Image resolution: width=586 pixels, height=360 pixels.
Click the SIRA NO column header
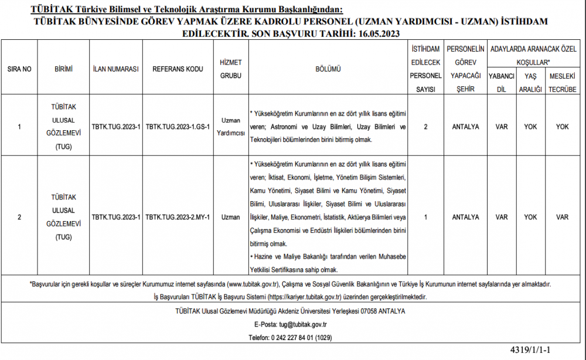click(19, 69)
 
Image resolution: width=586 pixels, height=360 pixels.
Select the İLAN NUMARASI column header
click(115, 69)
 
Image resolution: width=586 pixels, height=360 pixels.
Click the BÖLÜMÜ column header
click(328, 69)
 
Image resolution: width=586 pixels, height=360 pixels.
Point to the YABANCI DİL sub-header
click(501, 83)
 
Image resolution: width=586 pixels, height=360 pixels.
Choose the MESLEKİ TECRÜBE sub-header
click(562, 83)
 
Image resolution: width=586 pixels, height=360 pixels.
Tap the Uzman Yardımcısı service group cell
click(230, 126)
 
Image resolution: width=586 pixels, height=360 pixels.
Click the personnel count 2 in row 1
click(425, 126)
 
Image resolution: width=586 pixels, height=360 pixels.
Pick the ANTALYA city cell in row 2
click(466, 217)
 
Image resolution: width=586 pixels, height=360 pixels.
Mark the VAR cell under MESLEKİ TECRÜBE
click(562, 217)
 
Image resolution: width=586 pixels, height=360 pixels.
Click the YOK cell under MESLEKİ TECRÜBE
click(562, 126)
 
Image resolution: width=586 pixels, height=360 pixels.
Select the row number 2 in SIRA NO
click(19, 217)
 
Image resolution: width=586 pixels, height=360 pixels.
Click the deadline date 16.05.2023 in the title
click(377, 33)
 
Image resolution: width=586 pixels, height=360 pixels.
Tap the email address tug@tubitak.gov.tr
click(303, 324)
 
